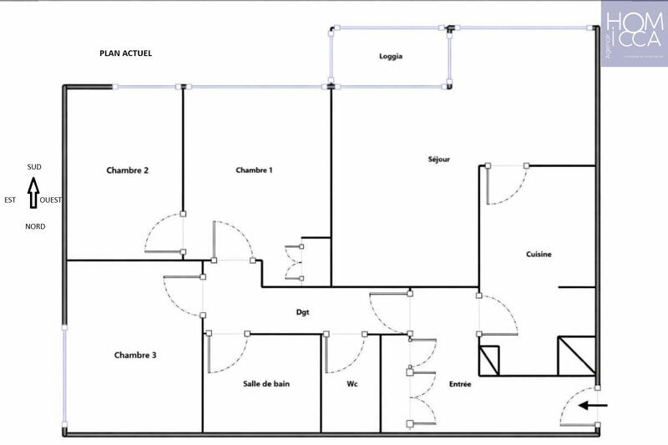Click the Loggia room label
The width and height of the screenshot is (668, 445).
point(390,57)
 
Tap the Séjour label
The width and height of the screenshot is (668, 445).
point(438,159)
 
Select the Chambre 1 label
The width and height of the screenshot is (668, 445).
point(254,170)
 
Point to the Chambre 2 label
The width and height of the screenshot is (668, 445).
point(127,170)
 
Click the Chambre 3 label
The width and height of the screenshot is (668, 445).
point(135,355)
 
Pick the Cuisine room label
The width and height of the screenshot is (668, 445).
point(539,255)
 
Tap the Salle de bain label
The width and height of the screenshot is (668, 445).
point(266,384)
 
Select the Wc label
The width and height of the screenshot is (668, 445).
point(352,384)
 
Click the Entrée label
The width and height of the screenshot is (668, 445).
point(460,384)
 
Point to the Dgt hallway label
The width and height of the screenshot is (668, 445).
point(302,312)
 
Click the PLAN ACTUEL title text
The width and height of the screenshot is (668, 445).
point(125,53)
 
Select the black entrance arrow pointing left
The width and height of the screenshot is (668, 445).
point(595,407)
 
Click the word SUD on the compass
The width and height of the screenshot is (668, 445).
point(33,167)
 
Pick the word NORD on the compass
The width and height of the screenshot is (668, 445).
point(35,226)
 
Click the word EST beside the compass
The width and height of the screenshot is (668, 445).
point(10,200)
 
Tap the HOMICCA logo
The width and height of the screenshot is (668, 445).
point(634,33)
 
